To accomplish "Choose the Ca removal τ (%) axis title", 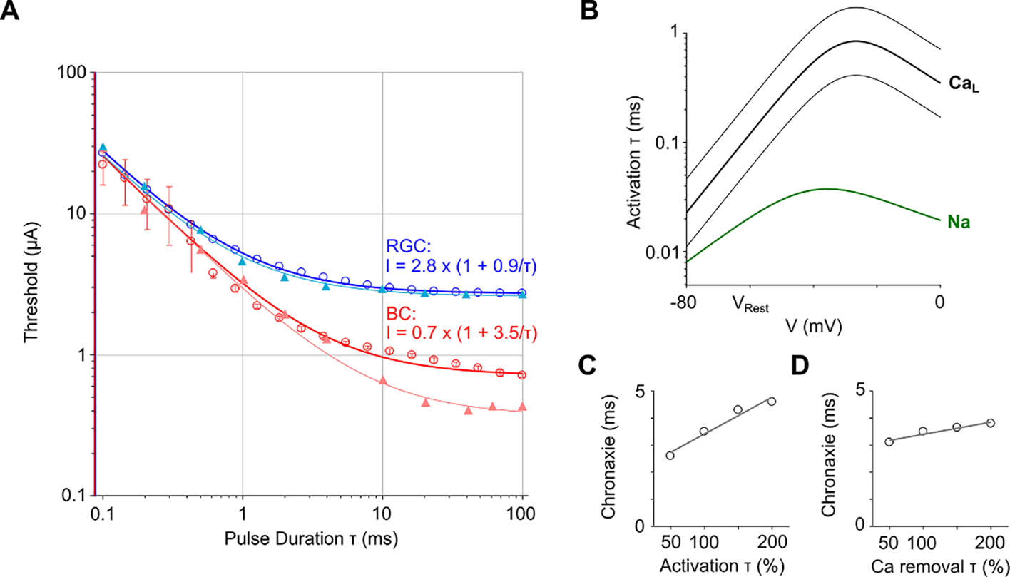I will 940,566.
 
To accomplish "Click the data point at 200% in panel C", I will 772,402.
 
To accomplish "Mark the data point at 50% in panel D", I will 889,442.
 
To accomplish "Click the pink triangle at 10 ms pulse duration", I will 383,380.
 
